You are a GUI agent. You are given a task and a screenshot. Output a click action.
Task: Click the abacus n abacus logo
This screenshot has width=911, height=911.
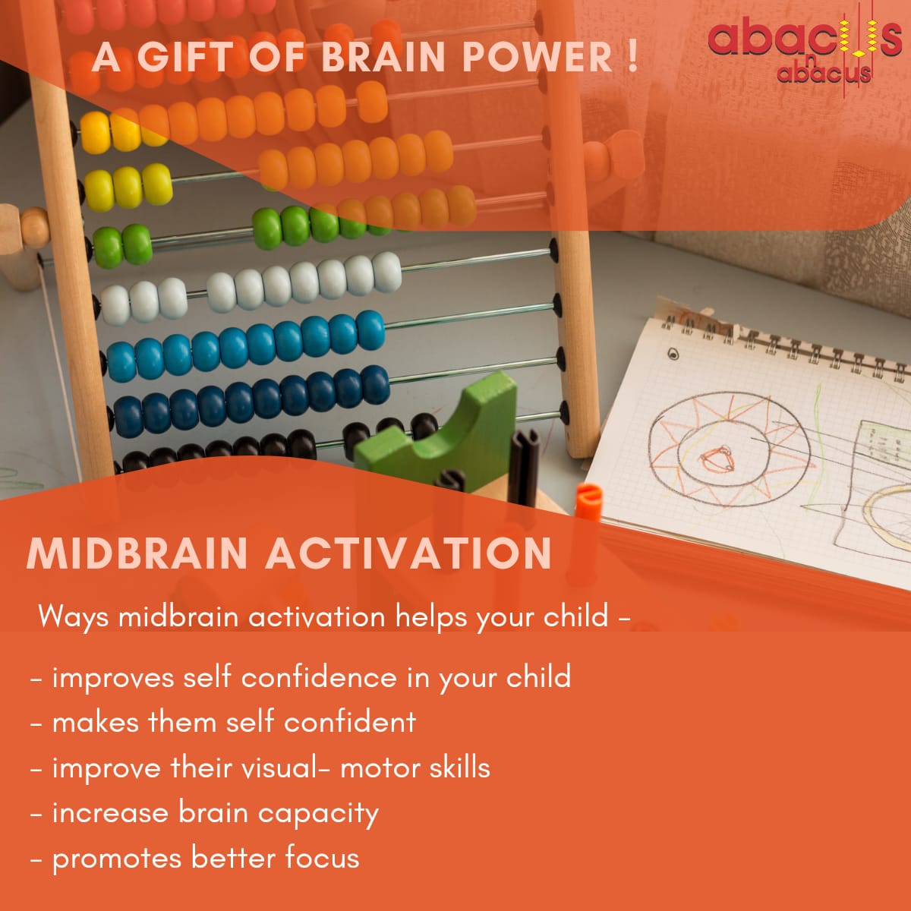tap(804, 49)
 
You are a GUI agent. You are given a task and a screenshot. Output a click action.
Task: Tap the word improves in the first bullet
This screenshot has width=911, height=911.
tap(113, 678)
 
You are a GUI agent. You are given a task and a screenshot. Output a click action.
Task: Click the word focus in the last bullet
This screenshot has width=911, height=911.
tap(322, 859)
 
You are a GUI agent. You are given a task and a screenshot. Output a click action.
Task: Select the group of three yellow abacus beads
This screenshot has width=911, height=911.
tap(128, 187)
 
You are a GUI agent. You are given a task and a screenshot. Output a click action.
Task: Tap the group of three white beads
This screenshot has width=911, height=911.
tap(143, 301)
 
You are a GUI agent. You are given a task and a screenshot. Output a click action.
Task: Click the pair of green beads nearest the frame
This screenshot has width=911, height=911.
tap(122, 246)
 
